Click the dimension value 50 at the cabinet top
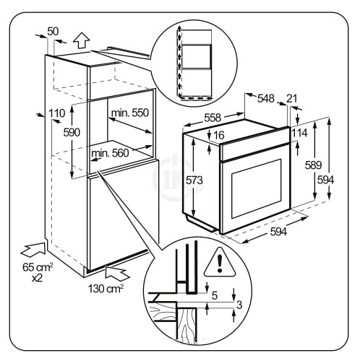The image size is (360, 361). (x=53, y=32)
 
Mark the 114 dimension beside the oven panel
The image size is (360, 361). (x=300, y=134)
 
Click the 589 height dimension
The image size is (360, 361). (x=313, y=165)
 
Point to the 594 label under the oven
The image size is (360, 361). (x=278, y=232)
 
